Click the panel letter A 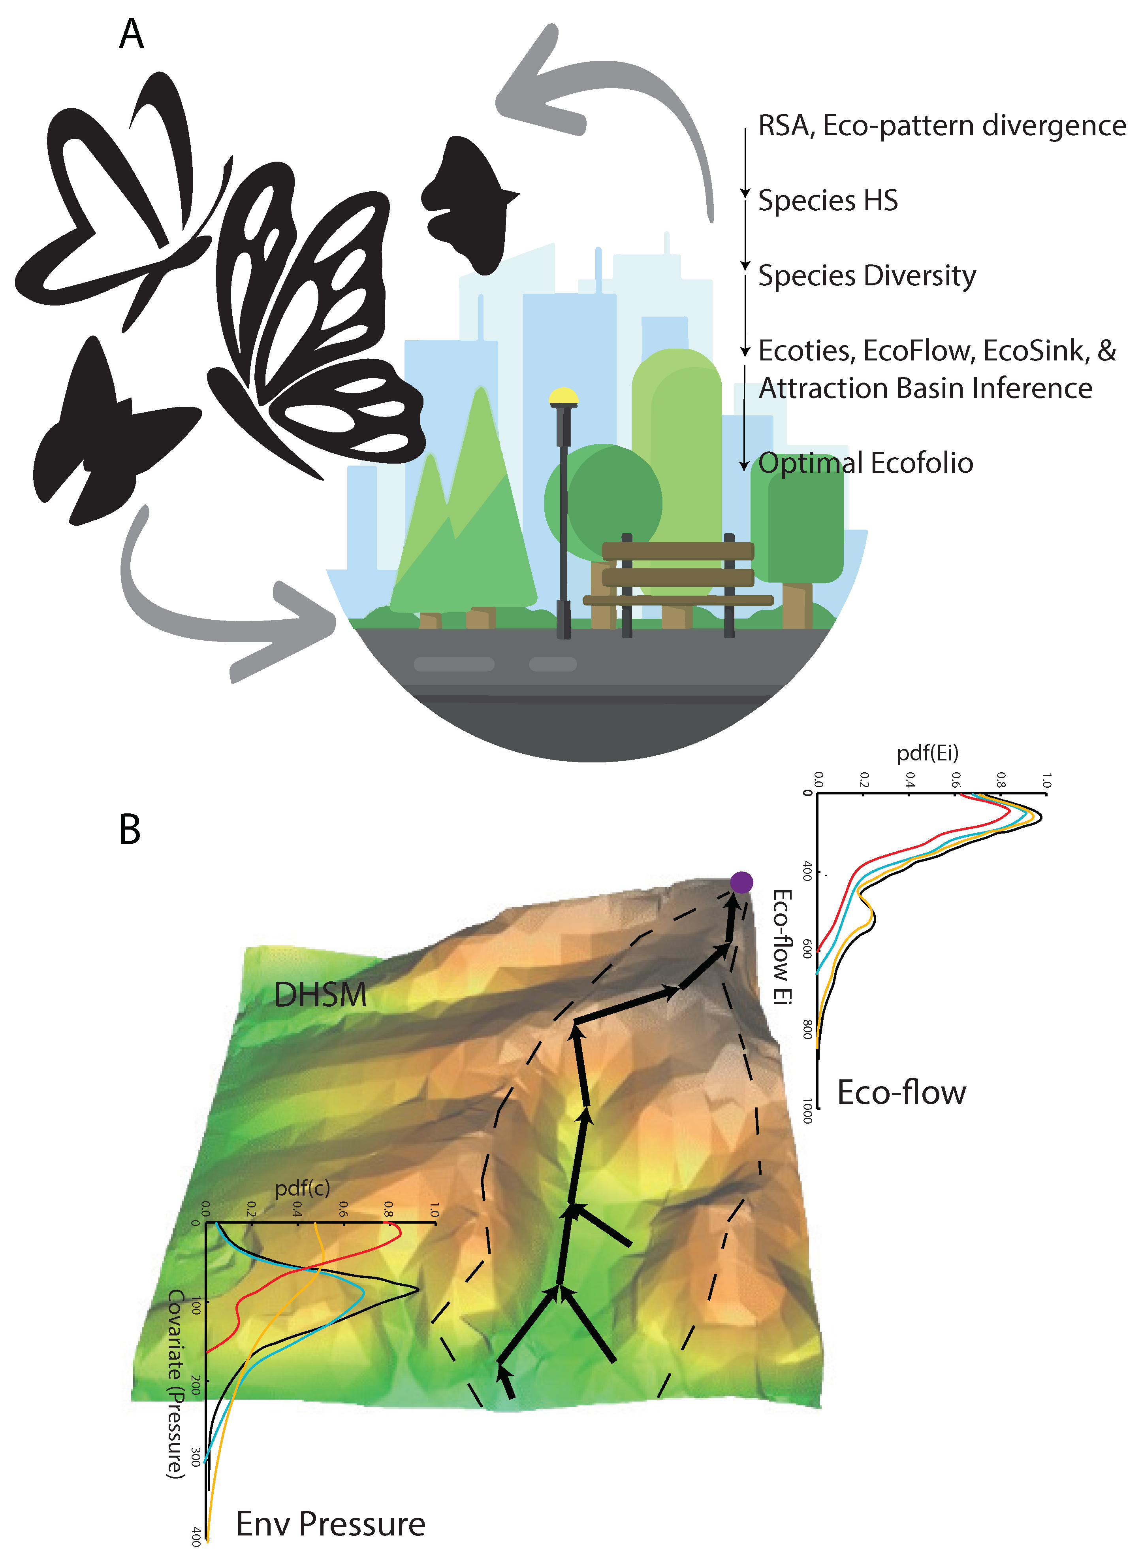point(131,34)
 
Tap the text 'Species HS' point(828,200)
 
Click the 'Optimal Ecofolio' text point(865,463)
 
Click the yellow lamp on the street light point(563,396)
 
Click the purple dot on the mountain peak point(741,883)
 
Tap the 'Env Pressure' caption point(330,1524)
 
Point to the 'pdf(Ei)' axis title point(927,753)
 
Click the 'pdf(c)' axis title point(303,1188)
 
